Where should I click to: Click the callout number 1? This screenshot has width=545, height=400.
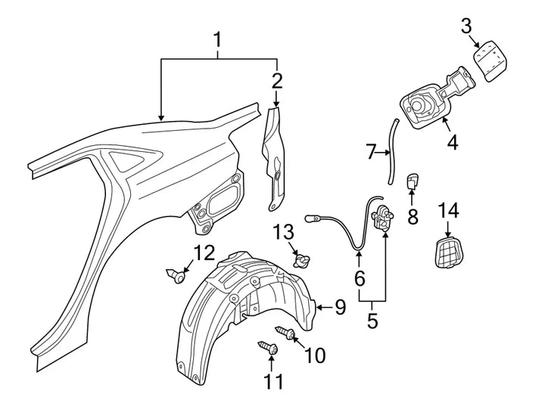(x=218, y=39)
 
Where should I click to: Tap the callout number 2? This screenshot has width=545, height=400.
(x=277, y=81)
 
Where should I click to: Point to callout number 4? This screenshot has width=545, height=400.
(x=452, y=141)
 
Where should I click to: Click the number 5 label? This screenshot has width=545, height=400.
(x=372, y=320)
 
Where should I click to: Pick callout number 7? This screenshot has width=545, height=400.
(x=371, y=153)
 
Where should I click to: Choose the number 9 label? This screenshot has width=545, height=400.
(x=340, y=306)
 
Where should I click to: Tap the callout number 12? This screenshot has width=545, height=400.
(x=204, y=252)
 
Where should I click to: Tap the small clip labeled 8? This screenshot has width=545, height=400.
(x=413, y=181)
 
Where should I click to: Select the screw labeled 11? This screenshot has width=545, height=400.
(x=269, y=348)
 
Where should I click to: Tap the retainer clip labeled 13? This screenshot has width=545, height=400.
(x=301, y=262)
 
